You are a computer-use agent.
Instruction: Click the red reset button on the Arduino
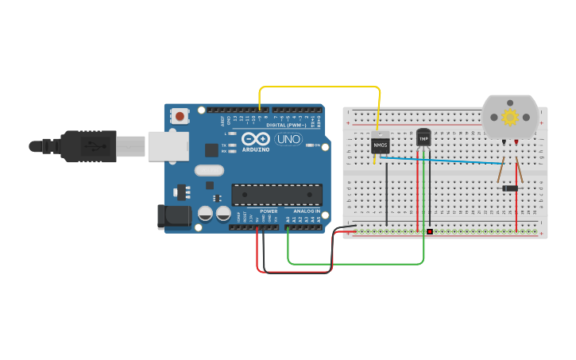[x=180, y=117]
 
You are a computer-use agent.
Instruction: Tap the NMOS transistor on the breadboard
[x=381, y=145]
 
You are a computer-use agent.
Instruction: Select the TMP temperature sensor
[x=423, y=138]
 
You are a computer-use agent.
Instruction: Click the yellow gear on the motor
[x=510, y=118]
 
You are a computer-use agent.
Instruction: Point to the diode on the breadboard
[x=510, y=188]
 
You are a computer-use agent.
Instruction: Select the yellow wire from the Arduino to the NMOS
[x=318, y=86]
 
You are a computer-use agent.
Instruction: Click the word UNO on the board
[x=288, y=139]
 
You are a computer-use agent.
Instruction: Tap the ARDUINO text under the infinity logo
[x=256, y=149]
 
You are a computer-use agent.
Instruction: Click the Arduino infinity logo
[x=256, y=139]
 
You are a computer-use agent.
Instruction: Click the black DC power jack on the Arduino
[x=173, y=216]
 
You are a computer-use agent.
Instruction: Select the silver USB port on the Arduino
[x=168, y=146]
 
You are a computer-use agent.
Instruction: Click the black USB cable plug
[x=87, y=146]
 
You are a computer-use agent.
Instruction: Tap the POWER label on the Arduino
[x=269, y=211]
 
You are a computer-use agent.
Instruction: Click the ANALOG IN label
[x=307, y=211]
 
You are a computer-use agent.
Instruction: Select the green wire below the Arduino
[x=358, y=263]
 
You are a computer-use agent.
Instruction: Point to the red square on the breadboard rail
[x=430, y=232]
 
